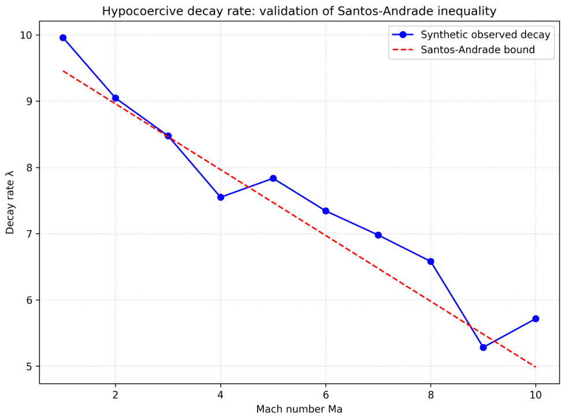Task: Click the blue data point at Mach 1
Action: coord(63,38)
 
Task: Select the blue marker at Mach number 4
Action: coord(221,197)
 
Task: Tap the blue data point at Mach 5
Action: coord(273,178)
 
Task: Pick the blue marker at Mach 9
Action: coord(483,348)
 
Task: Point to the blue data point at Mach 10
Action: coord(536,319)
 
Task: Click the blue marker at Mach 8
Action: coord(430,262)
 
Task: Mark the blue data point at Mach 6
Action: coord(326,211)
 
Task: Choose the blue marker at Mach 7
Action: coord(378,236)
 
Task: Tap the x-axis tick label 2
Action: coord(116,395)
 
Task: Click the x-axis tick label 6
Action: coord(326,395)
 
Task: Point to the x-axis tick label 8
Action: coord(430,395)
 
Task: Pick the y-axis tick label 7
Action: coord(28,234)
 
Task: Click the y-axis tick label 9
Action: coord(28,102)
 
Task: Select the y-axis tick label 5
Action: coord(28,367)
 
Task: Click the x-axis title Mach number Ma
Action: coord(299,409)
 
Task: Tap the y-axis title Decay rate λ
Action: coord(10,202)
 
